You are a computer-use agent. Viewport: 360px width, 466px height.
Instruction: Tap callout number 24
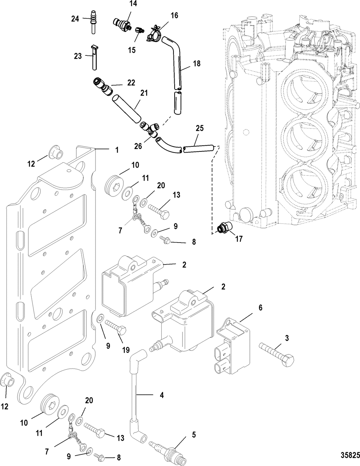75,19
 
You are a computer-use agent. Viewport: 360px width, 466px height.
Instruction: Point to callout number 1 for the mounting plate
117,150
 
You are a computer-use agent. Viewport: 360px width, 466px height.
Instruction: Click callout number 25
200,128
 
